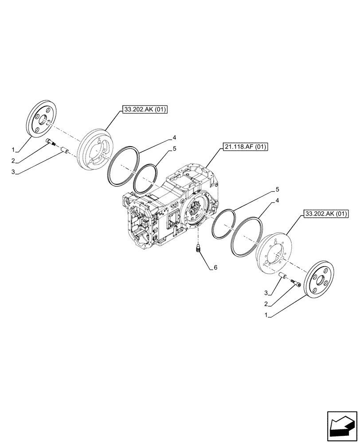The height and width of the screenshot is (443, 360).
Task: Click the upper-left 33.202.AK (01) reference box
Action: click(143, 109)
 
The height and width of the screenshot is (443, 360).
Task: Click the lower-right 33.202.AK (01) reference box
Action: click(327, 214)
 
